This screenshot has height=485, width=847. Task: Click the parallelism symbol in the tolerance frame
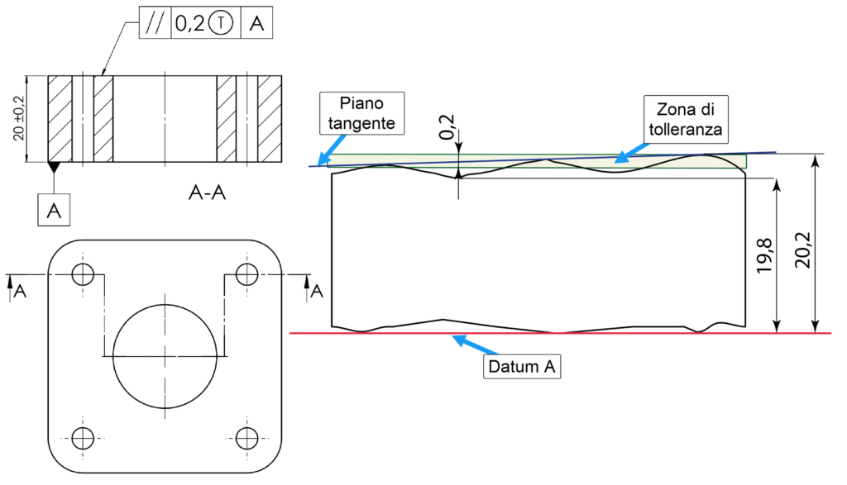point(153,25)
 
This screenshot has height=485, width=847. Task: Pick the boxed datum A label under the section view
point(55,211)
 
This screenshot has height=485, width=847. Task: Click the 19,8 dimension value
point(764,257)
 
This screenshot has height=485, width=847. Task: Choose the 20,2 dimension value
point(802,249)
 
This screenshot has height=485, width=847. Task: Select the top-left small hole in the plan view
point(83,274)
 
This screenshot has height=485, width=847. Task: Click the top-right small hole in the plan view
point(246,274)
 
